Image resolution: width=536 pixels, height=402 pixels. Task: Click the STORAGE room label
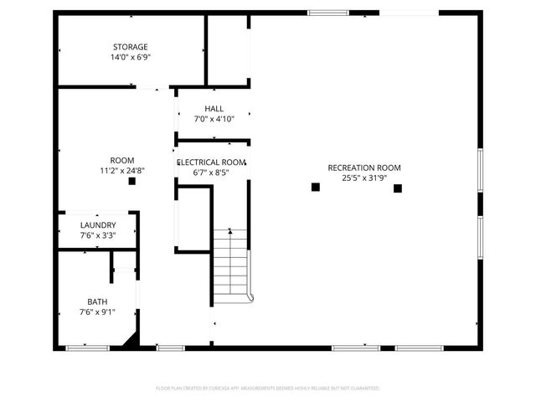pyautogui.click(x=131, y=47)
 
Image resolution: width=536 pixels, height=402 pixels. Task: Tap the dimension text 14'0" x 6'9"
pyautogui.click(x=131, y=58)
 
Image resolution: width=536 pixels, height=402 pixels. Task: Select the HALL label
pyautogui.click(x=214, y=109)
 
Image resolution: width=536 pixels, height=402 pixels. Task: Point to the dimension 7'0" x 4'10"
pyautogui.click(x=214, y=120)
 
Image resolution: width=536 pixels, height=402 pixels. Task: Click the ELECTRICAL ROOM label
pyautogui.click(x=210, y=162)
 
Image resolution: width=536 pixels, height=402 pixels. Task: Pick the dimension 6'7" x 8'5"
pyautogui.click(x=210, y=173)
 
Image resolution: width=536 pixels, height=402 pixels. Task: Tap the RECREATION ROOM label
pyautogui.click(x=364, y=167)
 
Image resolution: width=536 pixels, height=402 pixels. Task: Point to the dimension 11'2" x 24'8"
pyautogui.click(x=122, y=171)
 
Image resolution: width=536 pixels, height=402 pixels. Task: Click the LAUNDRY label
pyautogui.click(x=98, y=225)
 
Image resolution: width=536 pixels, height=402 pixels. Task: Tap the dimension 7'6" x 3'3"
pyautogui.click(x=98, y=236)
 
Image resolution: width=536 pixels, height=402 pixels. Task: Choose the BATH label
pyautogui.click(x=98, y=301)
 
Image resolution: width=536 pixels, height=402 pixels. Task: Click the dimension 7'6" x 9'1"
pyautogui.click(x=98, y=312)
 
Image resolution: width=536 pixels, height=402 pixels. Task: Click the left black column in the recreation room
pyautogui.click(x=316, y=188)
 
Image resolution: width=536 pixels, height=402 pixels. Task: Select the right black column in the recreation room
pyautogui.click(x=399, y=188)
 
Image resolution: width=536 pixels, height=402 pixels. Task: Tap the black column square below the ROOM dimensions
pyautogui.click(x=131, y=181)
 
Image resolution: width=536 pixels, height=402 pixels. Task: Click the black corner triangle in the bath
pyautogui.click(x=130, y=340)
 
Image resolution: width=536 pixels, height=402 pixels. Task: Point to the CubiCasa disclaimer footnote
pyautogui.click(x=268, y=389)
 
